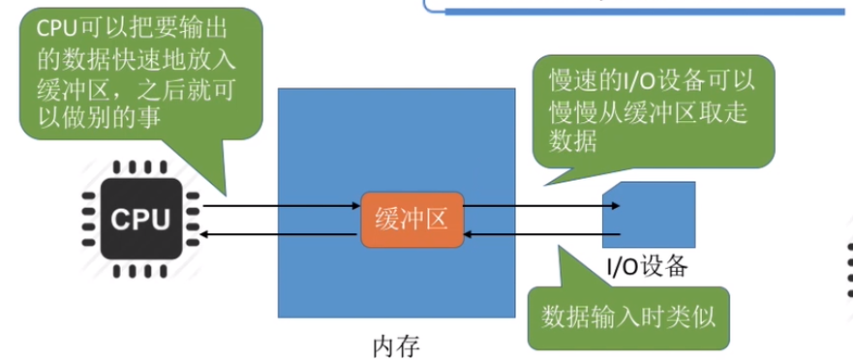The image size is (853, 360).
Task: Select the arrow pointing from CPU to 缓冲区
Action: click(x=281, y=205)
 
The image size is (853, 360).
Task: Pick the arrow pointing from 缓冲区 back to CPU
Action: click(x=281, y=233)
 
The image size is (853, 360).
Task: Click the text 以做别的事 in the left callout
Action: click(x=97, y=115)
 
